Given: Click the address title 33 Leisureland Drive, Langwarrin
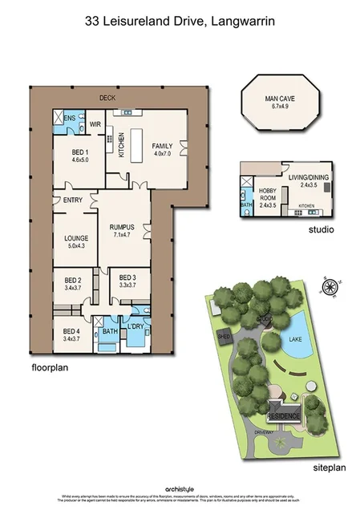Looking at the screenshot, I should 180,24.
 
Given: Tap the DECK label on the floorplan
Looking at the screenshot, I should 107,98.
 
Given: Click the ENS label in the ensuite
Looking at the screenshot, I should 70,118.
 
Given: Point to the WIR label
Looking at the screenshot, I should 95,124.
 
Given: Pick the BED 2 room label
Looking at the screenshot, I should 72,280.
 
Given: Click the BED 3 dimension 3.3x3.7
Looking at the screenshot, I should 127,285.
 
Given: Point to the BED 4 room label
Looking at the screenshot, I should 72,330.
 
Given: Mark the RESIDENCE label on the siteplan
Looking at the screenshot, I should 283,417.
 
